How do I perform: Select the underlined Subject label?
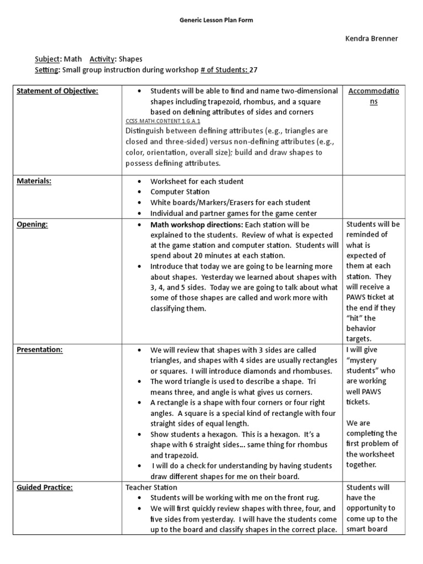click(x=46, y=59)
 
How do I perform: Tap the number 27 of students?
click(x=254, y=70)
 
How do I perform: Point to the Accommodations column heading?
click(x=373, y=96)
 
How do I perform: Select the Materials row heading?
click(x=34, y=181)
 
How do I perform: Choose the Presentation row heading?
click(x=39, y=349)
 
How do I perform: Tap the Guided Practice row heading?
click(x=45, y=487)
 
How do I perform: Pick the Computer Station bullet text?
click(x=180, y=192)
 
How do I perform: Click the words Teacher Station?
click(x=151, y=487)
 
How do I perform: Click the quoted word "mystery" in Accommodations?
click(x=363, y=360)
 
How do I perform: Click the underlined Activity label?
click(x=102, y=59)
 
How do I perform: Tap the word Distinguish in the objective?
click(x=148, y=131)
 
